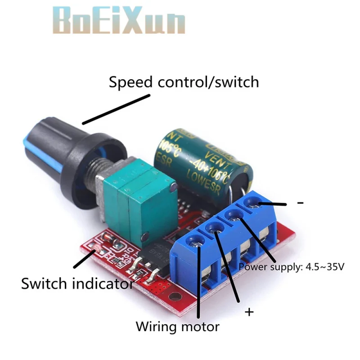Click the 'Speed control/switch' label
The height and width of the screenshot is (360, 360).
tap(184, 82)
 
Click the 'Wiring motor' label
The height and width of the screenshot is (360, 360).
tap(177, 326)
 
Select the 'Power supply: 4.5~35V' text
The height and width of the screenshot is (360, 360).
tap(291, 267)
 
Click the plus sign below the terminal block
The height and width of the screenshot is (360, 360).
tap(248, 312)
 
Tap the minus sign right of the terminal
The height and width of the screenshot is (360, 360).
tap(300, 203)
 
